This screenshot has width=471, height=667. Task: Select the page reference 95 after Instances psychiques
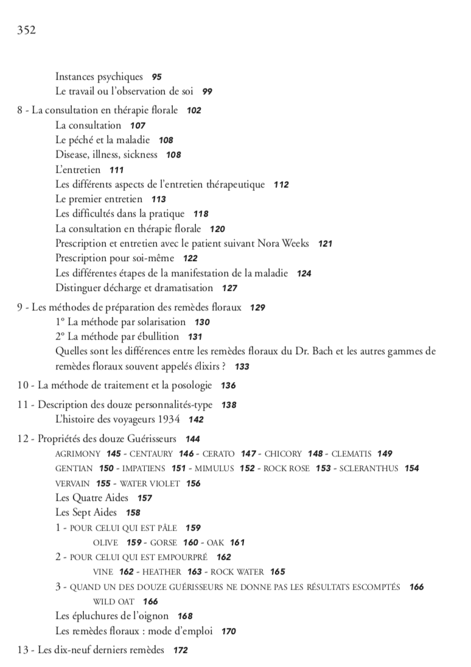click(x=157, y=77)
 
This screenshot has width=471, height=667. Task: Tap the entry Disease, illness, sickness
click(x=106, y=155)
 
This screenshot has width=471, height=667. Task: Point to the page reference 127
click(x=229, y=288)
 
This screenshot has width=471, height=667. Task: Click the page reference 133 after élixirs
click(x=242, y=367)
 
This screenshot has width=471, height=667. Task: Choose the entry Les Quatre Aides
click(x=92, y=498)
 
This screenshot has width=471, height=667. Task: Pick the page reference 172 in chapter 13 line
click(x=181, y=651)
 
